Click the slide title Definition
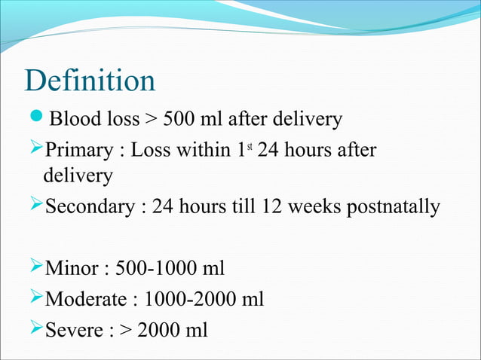click(90, 81)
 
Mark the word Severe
click(75, 331)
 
